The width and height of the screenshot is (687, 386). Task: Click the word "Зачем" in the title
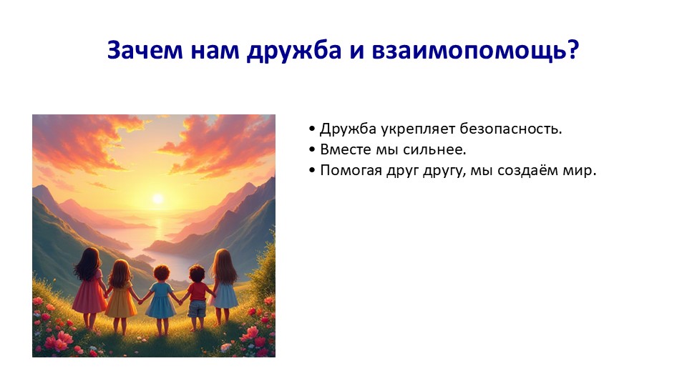point(145,49)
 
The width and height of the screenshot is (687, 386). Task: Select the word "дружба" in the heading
point(293,50)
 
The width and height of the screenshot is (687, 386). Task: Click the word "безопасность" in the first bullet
point(510,129)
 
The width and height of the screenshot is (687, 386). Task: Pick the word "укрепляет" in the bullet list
point(418,129)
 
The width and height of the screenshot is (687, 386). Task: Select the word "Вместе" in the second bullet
point(346,149)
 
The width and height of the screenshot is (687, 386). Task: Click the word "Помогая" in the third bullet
point(351,170)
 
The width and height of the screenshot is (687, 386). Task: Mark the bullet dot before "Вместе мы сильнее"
point(312,149)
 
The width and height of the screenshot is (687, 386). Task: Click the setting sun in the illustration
point(157,199)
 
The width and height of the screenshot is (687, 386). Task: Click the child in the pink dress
point(89,287)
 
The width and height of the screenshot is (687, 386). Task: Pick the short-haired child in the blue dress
point(161,300)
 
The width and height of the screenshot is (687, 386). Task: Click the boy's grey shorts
point(198,309)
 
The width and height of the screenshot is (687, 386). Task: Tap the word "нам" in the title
point(215,50)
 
